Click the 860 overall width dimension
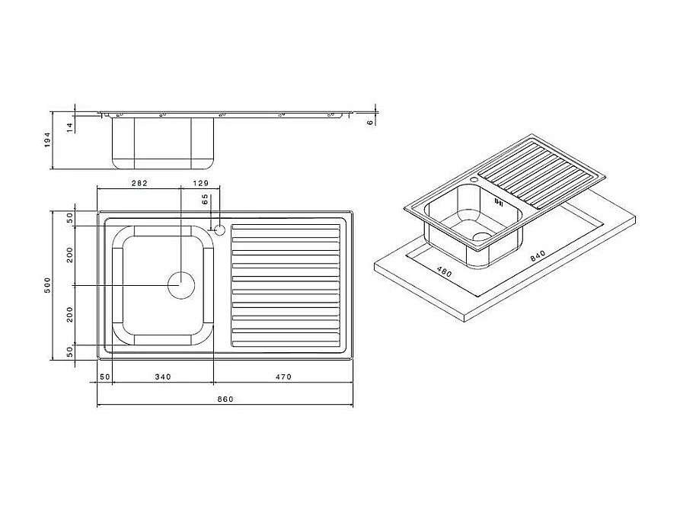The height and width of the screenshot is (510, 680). click(x=225, y=399)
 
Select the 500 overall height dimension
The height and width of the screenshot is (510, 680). click(x=46, y=285)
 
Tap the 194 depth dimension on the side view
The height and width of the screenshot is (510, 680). click(x=46, y=140)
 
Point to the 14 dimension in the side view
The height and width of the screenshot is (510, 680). click(x=69, y=127)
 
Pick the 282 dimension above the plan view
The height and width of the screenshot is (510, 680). click(x=139, y=183)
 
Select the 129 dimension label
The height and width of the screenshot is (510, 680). click(x=200, y=183)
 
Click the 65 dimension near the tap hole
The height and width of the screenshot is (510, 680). click(x=205, y=200)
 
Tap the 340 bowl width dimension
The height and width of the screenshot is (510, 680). click(x=162, y=377)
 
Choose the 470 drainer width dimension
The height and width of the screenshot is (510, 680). click(x=283, y=377)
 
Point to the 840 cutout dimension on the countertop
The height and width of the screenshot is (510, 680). click(x=538, y=258)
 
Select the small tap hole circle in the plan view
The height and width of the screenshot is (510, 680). click(x=219, y=228)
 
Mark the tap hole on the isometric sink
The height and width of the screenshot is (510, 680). click(x=474, y=181)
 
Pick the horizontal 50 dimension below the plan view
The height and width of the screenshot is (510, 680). click(x=105, y=377)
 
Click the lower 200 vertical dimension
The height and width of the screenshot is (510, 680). click(x=69, y=314)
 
